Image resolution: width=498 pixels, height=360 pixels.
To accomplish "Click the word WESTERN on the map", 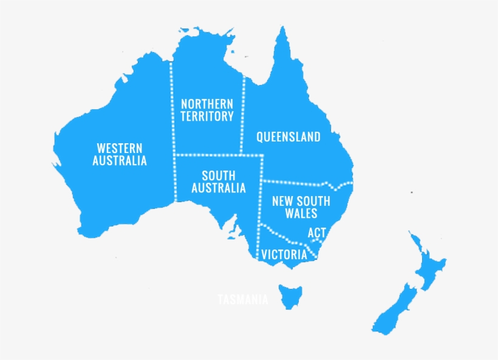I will (120, 148).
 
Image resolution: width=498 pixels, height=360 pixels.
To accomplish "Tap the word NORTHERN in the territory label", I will (206, 104).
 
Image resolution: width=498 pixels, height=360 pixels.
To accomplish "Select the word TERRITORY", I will (206, 117).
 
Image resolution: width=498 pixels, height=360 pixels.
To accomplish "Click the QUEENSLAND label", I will (288, 137).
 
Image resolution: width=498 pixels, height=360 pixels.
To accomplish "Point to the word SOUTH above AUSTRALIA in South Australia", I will (219, 176).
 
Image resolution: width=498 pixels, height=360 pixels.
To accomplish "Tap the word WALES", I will (301, 213).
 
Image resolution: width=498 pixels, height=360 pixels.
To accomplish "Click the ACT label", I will (317, 233).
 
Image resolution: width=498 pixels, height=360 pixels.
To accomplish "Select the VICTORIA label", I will (284, 255).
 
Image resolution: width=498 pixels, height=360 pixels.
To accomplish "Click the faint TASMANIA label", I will (243, 299).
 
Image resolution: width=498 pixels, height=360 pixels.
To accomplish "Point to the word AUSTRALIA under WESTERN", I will (120, 161).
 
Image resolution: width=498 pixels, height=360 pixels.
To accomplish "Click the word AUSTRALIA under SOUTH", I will (219, 188).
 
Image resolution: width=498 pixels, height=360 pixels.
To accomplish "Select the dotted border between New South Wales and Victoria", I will (285, 237).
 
